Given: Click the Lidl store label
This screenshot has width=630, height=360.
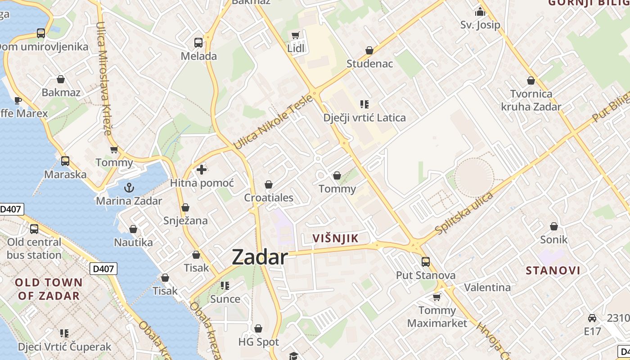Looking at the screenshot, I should pos(296,48).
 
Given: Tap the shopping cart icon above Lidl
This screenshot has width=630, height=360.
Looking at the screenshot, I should pos(296,35).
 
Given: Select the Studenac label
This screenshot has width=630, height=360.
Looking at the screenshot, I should pos(369,64).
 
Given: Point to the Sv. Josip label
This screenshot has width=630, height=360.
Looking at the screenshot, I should pos(480,25).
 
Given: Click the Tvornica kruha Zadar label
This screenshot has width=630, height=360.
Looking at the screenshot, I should pos(531,100).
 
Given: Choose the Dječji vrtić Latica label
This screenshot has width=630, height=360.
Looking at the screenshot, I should pos(364,118).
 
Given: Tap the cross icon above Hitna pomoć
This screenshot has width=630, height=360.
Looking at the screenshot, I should pos(202,170).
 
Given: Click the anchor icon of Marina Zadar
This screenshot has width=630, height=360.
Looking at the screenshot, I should pos(129,187).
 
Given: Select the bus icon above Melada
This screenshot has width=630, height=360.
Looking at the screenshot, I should pos(198,43).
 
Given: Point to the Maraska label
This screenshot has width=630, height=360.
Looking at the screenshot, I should pos(65,174).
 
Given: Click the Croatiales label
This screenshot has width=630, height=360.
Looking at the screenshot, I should pos(269,198).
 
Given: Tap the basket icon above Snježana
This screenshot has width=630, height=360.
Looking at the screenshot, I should pos(185,207).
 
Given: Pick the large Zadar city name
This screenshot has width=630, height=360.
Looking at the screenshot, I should pos(260,257).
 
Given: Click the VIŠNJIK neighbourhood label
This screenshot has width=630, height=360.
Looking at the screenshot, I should pos(335,238).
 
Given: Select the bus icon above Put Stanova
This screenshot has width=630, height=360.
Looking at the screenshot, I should pos(425,261).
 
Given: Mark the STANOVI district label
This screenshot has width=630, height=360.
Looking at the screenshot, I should pos(553,270).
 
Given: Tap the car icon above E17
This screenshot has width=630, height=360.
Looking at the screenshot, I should pos(592,318).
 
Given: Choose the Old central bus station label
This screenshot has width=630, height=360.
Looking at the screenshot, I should pos(34,248).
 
